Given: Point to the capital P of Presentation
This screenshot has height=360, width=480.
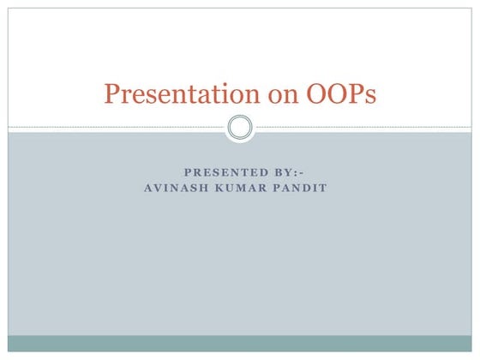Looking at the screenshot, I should tap(111, 93).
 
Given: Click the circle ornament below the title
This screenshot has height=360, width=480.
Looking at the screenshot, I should tap(240, 128).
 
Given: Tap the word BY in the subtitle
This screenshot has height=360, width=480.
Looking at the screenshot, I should tap(279, 172).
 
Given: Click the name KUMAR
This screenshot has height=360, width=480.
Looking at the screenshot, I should tap(244, 189).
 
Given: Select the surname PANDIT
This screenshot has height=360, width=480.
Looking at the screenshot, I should tap(302, 189).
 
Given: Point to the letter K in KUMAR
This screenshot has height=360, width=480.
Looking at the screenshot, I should tap(224, 189).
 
